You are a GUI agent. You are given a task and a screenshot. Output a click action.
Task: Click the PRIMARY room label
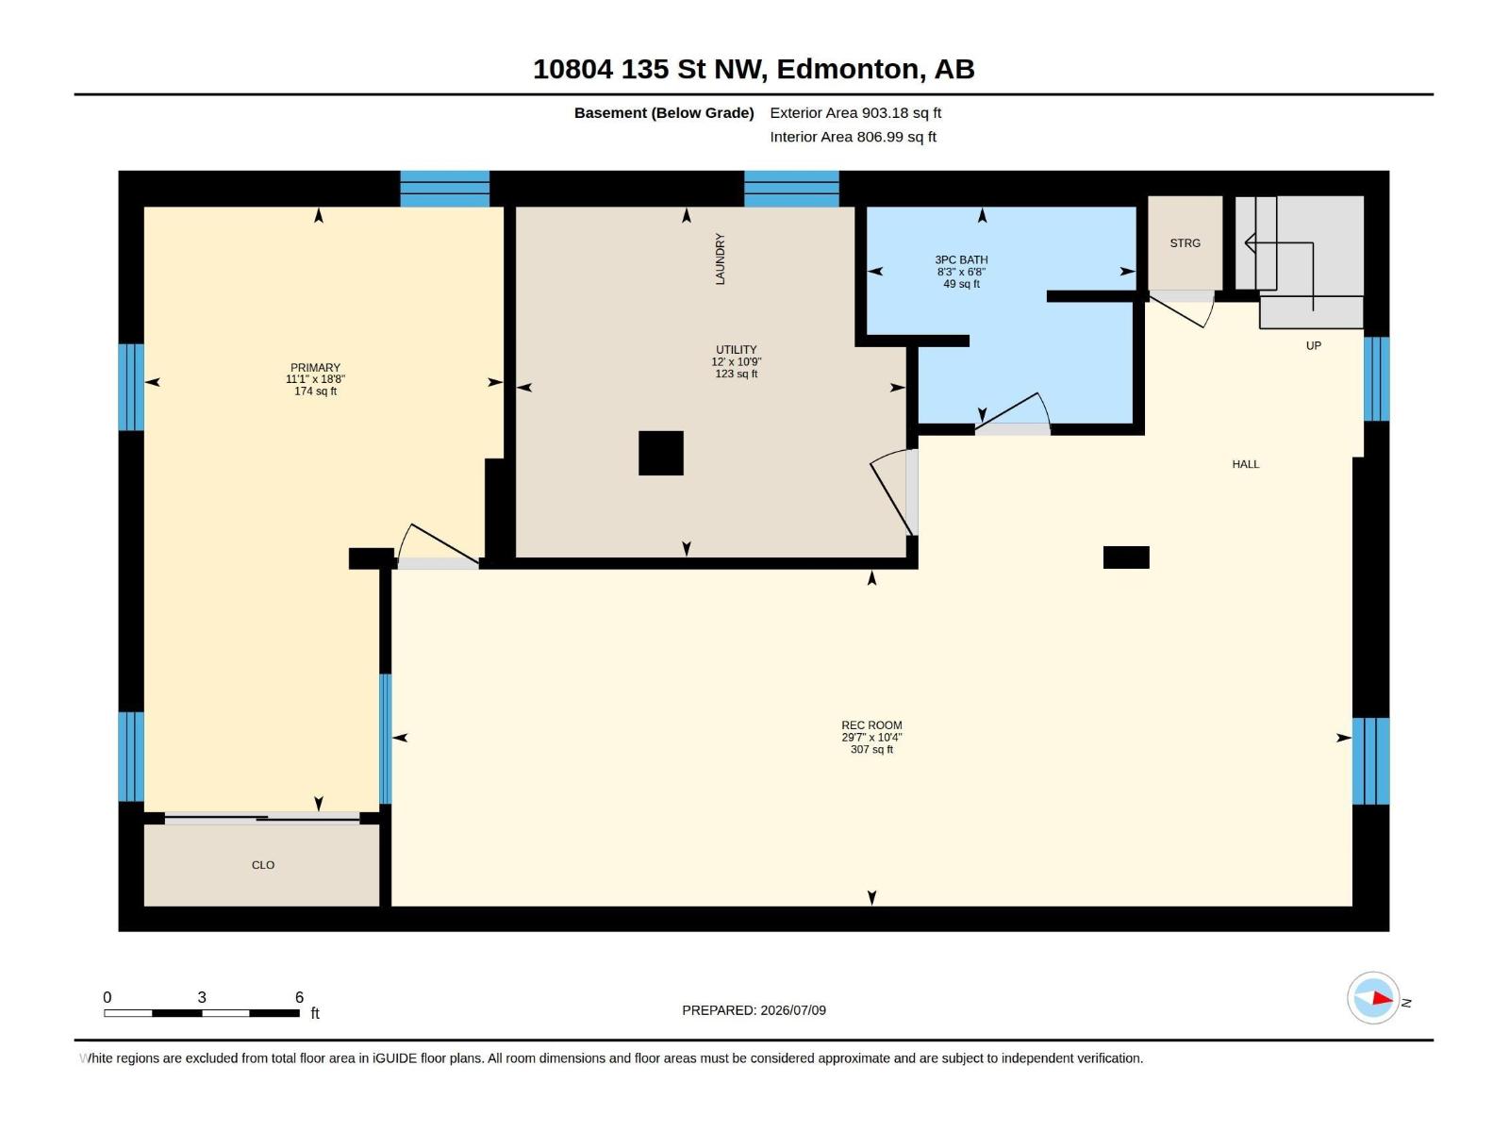[x=316, y=368]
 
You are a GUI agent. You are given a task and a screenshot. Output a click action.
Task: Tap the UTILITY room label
[x=737, y=350]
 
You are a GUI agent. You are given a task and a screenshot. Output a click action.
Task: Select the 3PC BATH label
[x=961, y=259]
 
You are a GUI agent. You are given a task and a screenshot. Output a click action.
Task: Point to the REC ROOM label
[x=871, y=725]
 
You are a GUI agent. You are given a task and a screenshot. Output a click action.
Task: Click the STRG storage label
[x=1186, y=243]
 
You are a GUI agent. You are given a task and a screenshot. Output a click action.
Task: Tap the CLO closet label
[x=263, y=865]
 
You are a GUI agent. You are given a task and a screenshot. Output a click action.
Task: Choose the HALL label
[x=1246, y=465]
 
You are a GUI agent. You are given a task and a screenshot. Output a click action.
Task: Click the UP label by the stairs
[x=1314, y=345]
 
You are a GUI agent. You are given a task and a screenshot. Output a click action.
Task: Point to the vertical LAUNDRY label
[x=721, y=259]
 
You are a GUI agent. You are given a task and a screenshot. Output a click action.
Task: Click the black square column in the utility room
[x=661, y=453]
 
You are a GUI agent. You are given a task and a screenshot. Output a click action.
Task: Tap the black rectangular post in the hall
[x=1126, y=558]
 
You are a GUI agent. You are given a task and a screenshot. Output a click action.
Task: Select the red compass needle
[x=1383, y=999]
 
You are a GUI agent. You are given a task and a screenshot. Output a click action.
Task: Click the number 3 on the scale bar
[x=202, y=997]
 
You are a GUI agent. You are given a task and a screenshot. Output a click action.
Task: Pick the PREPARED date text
[x=754, y=1010]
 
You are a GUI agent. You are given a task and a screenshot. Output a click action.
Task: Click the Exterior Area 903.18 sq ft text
[x=855, y=112]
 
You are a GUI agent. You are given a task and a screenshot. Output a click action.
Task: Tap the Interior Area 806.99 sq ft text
[x=854, y=137]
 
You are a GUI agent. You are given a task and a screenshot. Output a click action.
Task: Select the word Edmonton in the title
[x=848, y=70]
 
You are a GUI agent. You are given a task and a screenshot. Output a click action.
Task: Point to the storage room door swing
[x=1183, y=310]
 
